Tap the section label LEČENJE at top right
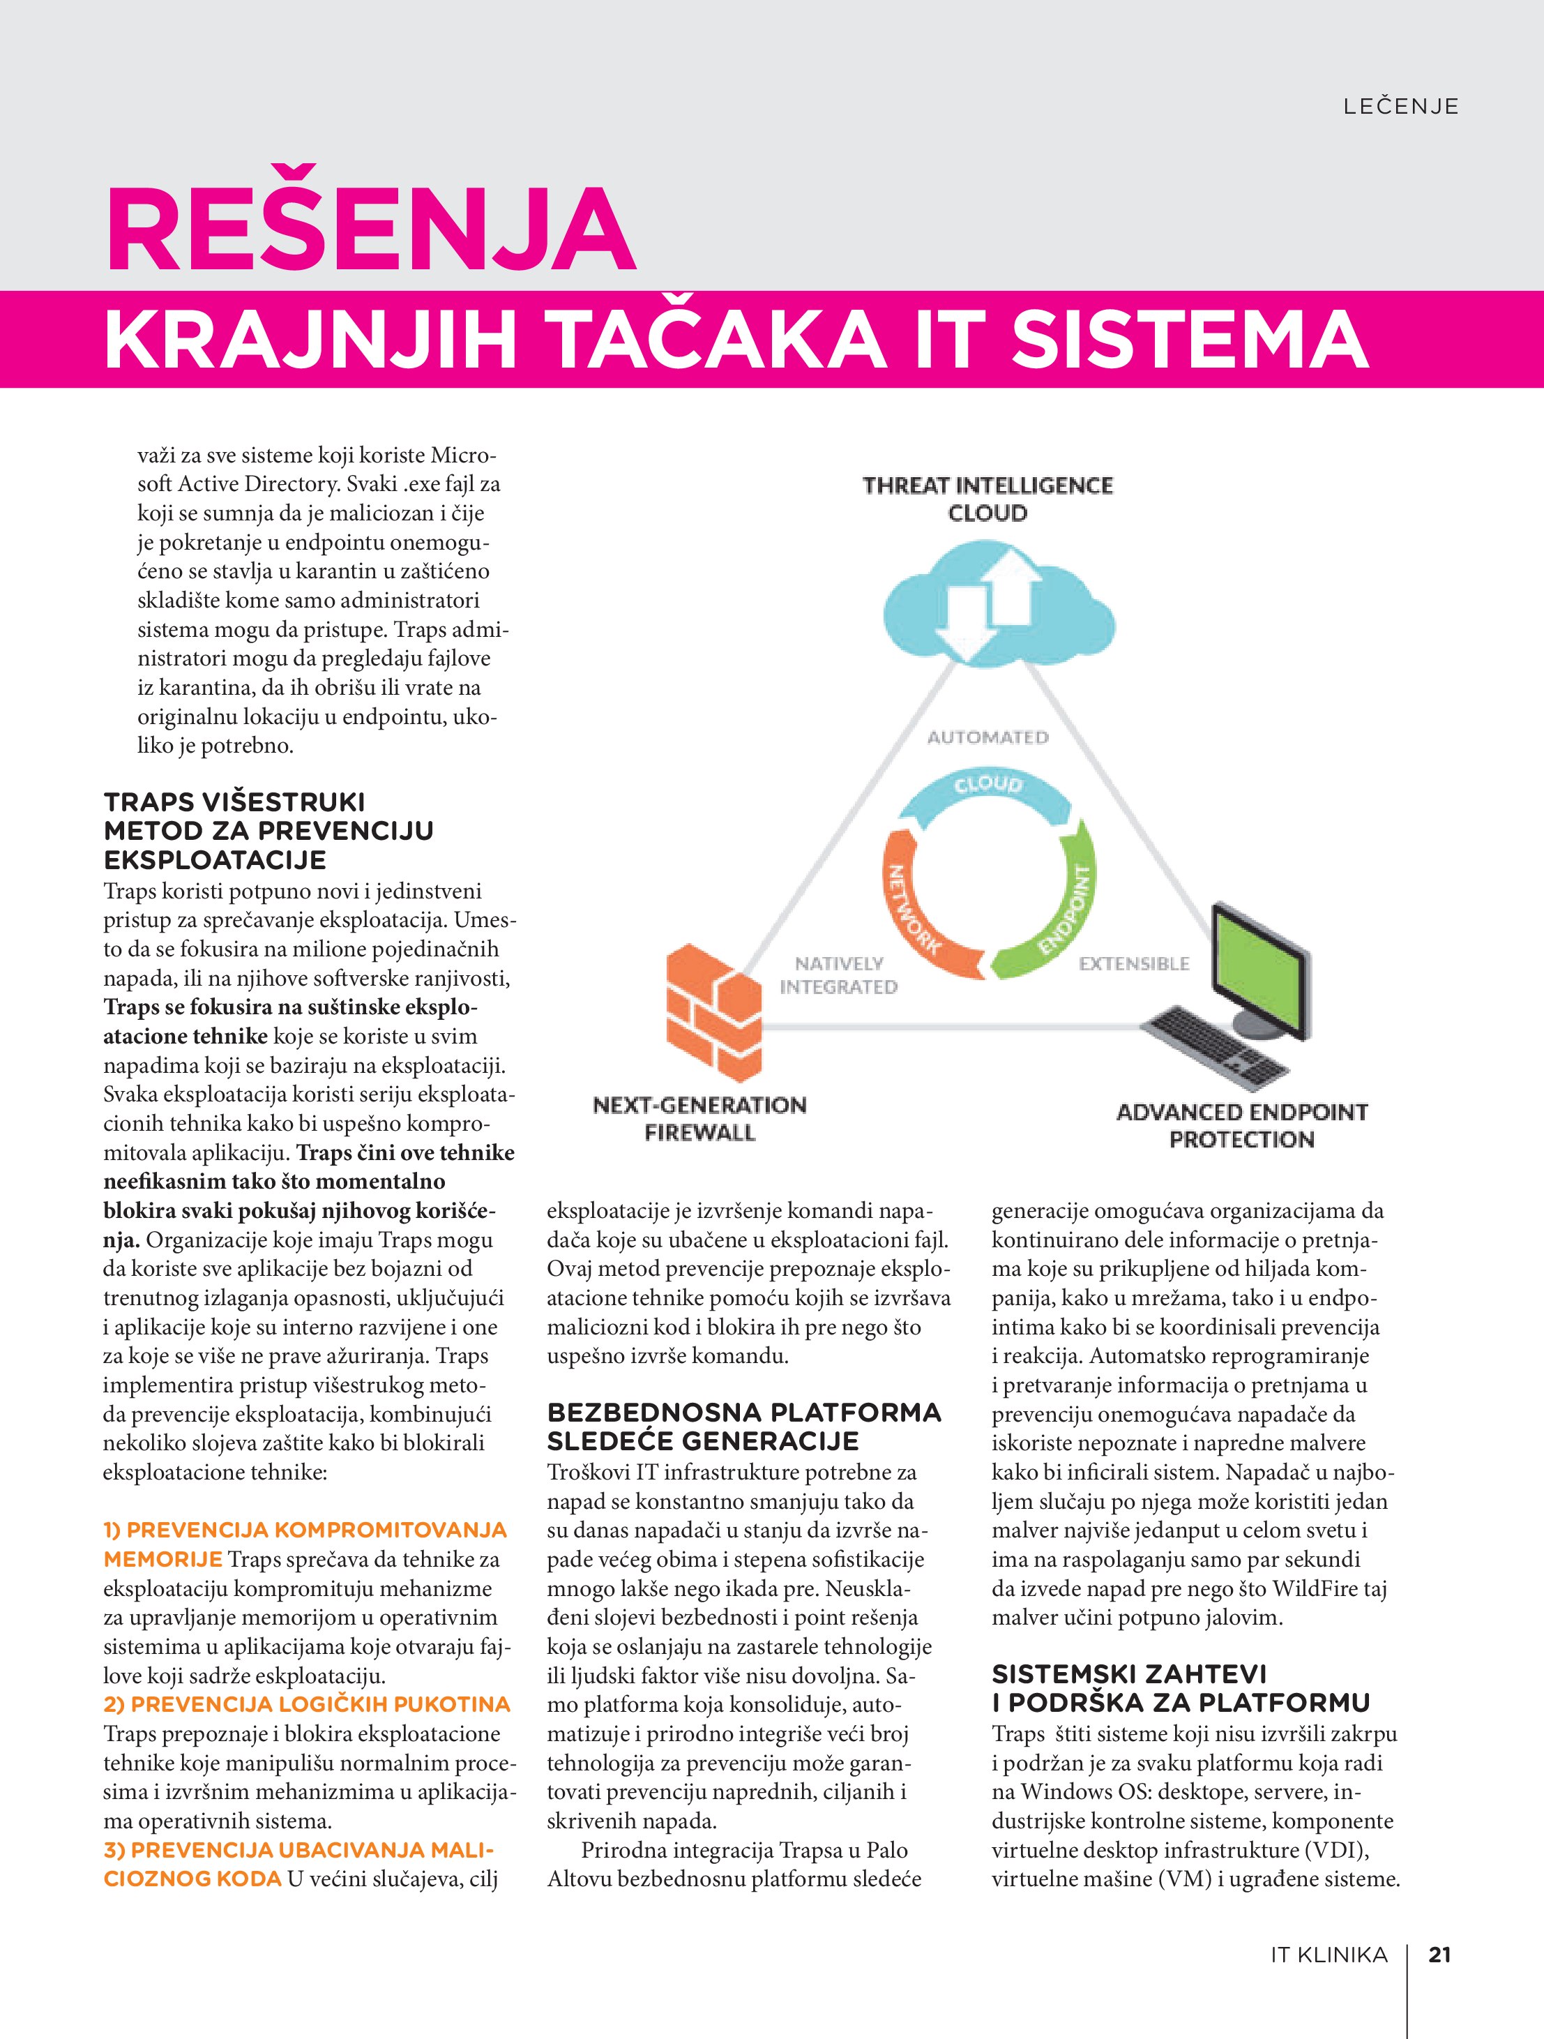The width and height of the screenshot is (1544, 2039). (1400, 107)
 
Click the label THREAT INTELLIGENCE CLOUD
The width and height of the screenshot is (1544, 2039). (987, 499)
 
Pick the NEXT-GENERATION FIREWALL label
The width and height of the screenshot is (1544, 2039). (699, 1118)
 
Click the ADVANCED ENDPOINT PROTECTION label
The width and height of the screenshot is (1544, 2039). (1241, 1124)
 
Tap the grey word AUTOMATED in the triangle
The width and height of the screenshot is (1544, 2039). (987, 737)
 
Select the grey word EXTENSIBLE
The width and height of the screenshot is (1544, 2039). (1134, 963)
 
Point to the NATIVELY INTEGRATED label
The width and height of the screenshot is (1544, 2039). (838, 975)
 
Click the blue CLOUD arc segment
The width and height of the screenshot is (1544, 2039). (988, 788)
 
